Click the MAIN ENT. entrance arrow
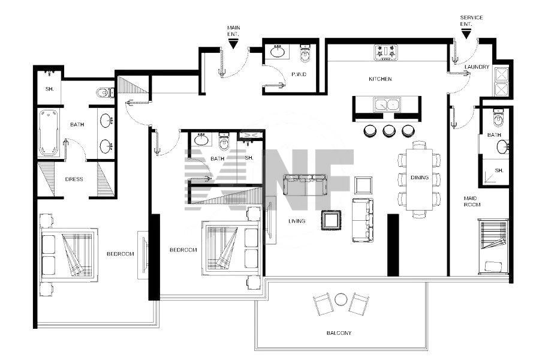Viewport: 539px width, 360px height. pos(233,44)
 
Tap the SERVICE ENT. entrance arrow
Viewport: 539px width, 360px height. pos(466,34)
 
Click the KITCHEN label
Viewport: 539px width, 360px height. pos(380,79)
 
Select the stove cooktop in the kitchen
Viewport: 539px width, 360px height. pos(386,53)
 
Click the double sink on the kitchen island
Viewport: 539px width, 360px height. pos(387,104)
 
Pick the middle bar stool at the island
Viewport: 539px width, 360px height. pos(389,130)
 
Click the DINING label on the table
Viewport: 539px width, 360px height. pos(420,178)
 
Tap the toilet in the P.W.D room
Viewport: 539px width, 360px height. pos(306,53)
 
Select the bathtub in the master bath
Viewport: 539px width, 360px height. pos(48,133)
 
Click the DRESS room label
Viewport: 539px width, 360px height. pos(74,179)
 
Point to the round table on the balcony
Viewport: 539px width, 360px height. pos(341,299)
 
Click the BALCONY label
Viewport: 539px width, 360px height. pos(339,333)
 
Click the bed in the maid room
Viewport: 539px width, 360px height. pos(493,246)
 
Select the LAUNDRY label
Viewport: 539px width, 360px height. pos(477,67)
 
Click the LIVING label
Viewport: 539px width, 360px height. pos(297,221)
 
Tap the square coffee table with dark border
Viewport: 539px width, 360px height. pos(332,220)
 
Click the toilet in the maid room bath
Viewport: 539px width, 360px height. pos(498,118)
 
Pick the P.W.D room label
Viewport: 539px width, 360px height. pos(299,74)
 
